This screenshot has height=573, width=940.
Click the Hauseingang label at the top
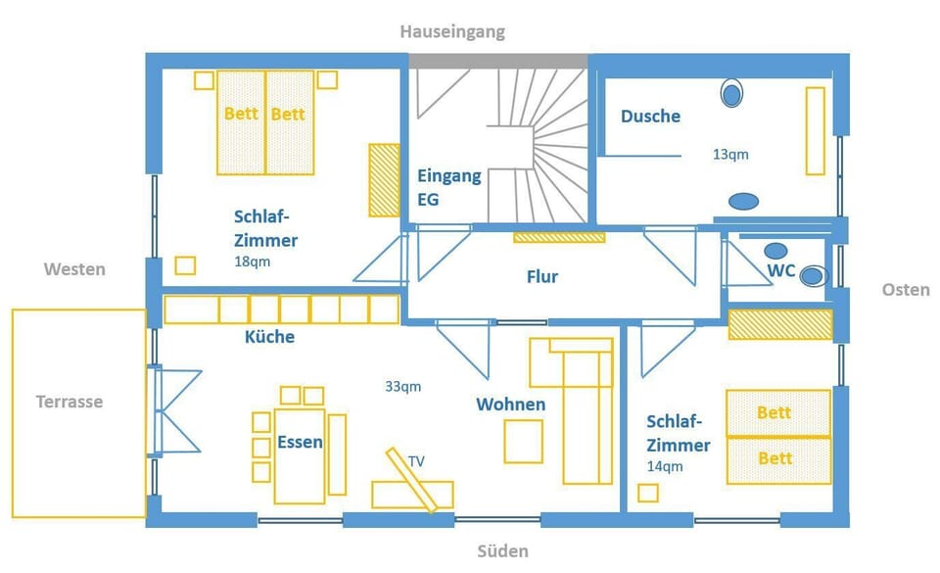click(x=452, y=31)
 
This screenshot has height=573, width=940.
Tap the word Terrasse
click(x=70, y=401)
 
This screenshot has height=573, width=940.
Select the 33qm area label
click(x=402, y=387)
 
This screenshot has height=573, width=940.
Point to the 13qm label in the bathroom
click(x=730, y=154)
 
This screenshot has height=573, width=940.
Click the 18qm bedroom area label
click(x=252, y=262)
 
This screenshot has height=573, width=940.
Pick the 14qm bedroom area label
click(x=665, y=465)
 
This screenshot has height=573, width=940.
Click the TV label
click(x=417, y=461)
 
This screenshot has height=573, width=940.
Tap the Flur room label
click(x=542, y=276)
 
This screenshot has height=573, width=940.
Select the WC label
click(x=781, y=270)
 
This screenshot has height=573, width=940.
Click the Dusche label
click(x=650, y=116)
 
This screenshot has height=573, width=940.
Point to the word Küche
click(x=270, y=336)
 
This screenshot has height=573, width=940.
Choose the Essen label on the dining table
click(x=300, y=443)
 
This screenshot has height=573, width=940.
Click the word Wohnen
click(x=511, y=404)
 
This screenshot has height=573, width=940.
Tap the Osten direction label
click(x=906, y=290)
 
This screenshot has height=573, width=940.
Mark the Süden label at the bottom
click(x=503, y=550)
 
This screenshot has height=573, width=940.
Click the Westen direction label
click(x=74, y=269)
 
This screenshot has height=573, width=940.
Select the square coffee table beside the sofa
click(x=523, y=441)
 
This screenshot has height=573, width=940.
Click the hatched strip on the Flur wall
click(x=559, y=237)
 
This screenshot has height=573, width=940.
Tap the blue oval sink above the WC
click(x=775, y=251)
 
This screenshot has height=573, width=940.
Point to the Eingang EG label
click(x=449, y=188)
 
